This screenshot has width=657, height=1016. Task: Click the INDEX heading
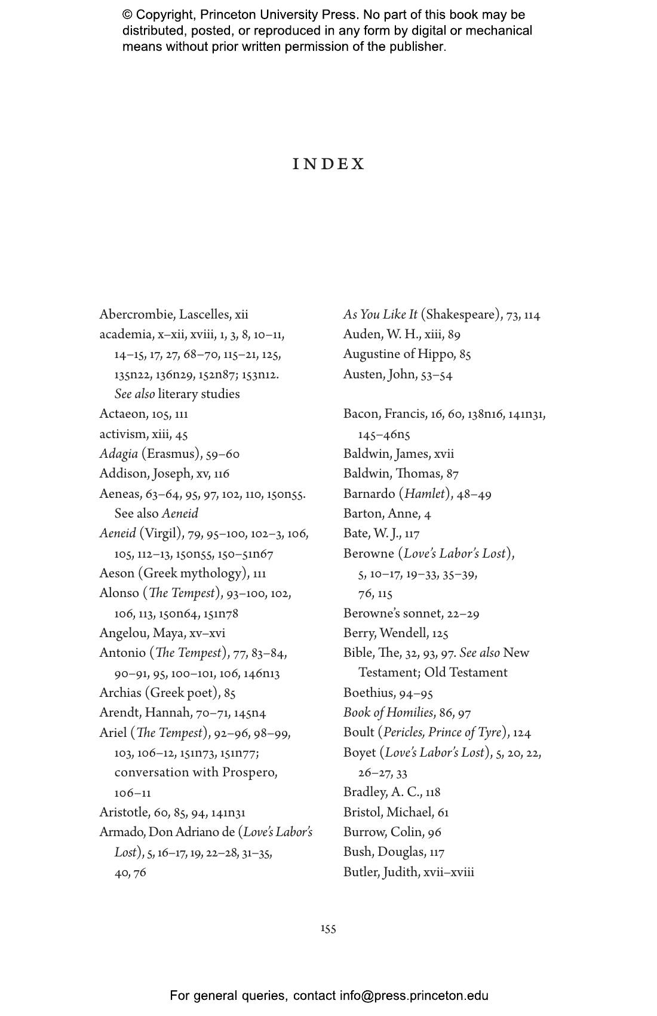click(328, 164)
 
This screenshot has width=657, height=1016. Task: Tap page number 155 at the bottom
click(328, 928)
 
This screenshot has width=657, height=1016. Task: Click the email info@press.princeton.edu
click(414, 996)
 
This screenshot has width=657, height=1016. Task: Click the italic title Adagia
click(118, 454)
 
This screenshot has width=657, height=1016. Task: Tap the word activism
click(122, 434)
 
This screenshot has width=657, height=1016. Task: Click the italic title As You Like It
click(380, 314)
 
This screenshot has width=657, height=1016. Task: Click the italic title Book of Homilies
click(388, 712)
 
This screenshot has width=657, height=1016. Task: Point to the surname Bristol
click(363, 812)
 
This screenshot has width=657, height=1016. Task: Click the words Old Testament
click(465, 672)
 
